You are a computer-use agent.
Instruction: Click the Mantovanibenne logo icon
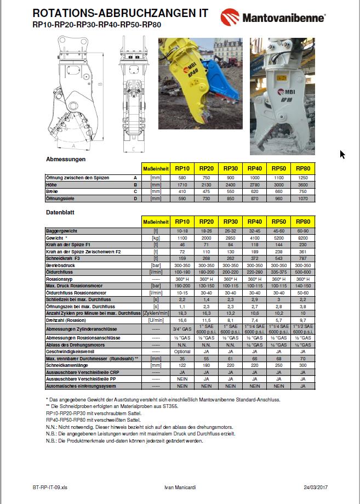(x=230, y=18)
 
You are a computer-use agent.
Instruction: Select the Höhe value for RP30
(x=231, y=185)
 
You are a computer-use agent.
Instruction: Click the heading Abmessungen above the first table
(x=66, y=159)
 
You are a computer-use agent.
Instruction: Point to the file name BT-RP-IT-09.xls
(x=49, y=486)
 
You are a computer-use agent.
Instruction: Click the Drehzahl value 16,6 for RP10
(x=182, y=320)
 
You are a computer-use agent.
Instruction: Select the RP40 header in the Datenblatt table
(x=255, y=222)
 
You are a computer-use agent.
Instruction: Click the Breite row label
(x=52, y=191)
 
